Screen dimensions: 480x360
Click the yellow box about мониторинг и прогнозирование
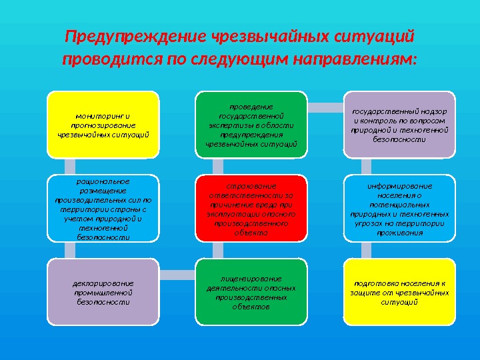[x=103, y=125]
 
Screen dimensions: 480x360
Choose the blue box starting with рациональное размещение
[x=103, y=208]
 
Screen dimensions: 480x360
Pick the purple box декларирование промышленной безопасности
[x=103, y=292]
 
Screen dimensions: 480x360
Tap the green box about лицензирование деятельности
[x=251, y=292]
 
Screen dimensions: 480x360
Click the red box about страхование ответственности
[x=251, y=208]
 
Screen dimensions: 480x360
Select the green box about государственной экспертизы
[x=251, y=125]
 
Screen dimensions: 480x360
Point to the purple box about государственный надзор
[x=399, y=125]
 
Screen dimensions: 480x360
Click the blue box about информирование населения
[x=399, y=208]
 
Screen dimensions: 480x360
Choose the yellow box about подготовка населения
[x=399, y=292]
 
